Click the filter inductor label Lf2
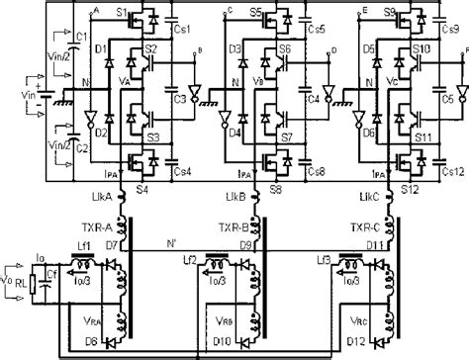pos(197,260)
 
